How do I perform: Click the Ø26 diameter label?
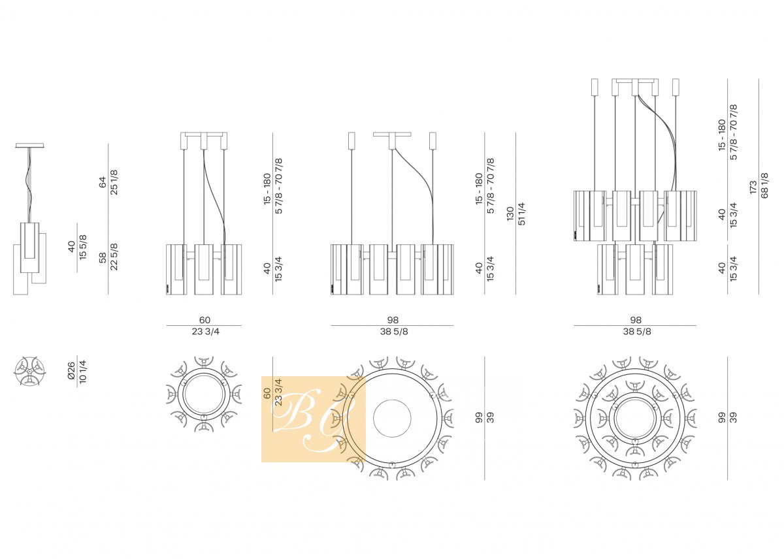pyautogui.click(x=71, y=371)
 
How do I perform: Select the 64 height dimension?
pyautogui.click(x=102, y=182)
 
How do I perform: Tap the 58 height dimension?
pyautogui.click(x=102, y=258)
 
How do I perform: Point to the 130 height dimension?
pyautogui.click(x=510, y=214)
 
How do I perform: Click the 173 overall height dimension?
pyautogui.click(x=753, y=187)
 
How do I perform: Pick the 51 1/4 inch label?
pyautogui.click(x=521, y=214)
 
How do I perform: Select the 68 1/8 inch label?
pyautogui.click(x=765, y=185)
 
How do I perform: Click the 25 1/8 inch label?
pyautogui.click(x=114, y=182)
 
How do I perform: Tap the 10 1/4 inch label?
pyautogui.click(x=83, y=372)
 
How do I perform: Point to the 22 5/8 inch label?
pyautogui.click(x=114, y=257)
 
